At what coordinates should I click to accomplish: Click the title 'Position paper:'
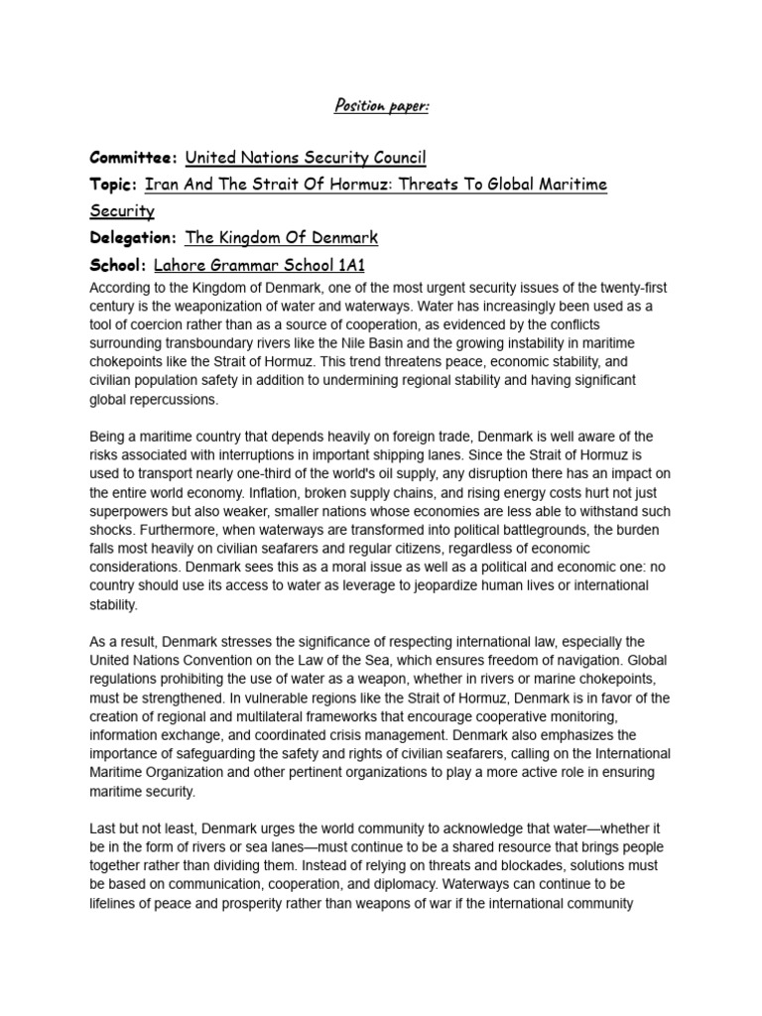point(380,105)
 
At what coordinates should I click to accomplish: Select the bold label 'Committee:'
point(134,158)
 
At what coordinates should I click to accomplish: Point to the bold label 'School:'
point(118,266)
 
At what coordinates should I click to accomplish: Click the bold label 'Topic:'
point(113,186)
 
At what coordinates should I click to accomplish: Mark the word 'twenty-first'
point(628,287)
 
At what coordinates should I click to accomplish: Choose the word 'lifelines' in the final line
point(115,902)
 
